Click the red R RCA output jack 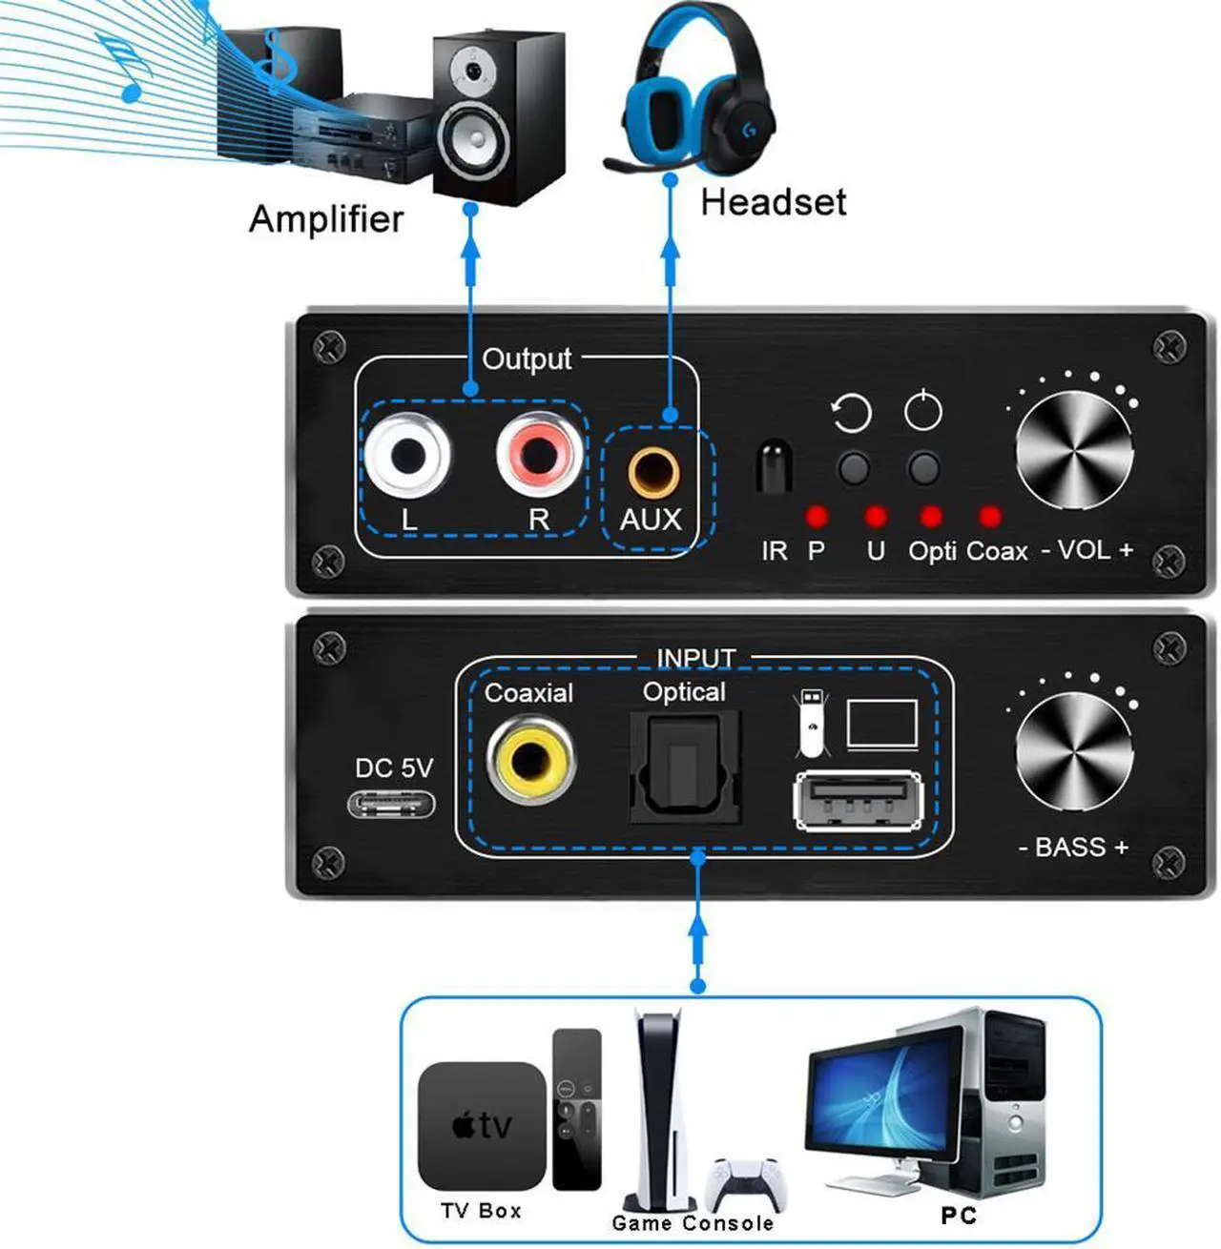point(539,454)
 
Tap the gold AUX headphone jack point(653,472)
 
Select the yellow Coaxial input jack point(530,760)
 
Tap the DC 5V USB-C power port point(392,804)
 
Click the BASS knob point(1073,754)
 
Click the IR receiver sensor point(774,467)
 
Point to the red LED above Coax point(990,517)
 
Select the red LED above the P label point(817,517)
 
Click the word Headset point(773,202)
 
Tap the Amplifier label point(326,218)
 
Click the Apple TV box point(483,1125)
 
